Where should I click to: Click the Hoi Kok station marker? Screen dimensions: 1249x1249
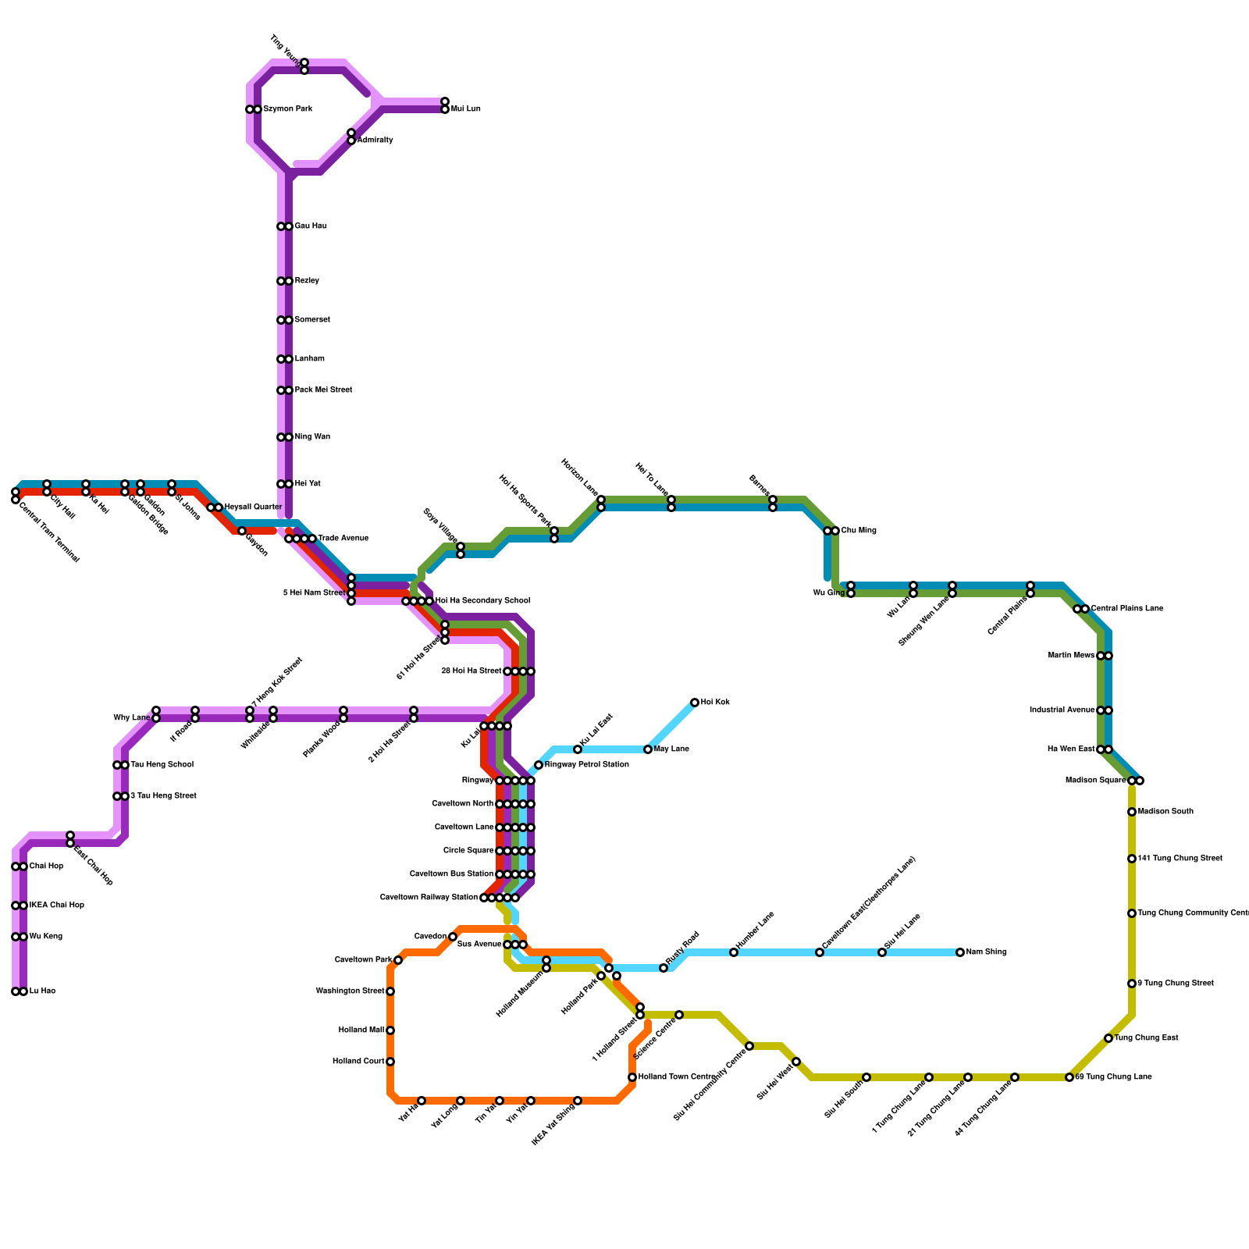tap(695, 703)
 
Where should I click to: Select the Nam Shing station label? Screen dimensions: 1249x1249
tap(986, 952)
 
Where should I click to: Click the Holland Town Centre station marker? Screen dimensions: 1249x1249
tap(632, 1077)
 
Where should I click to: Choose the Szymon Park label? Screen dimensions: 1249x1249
tap(287, 109)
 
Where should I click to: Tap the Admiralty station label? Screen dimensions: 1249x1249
tap(375, 141)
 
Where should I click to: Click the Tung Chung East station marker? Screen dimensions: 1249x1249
tap(1108, 1038)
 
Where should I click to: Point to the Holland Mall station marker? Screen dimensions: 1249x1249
tap(390, 1030)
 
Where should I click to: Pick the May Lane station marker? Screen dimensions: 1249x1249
tap(648, 749)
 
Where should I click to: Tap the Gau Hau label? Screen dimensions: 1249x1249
tap(310, 226)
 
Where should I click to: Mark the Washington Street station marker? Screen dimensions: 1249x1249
tap(390, 991)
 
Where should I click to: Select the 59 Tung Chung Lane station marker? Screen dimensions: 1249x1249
tap(1069, 1077)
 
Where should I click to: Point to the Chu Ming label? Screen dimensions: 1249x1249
tap(859, 531)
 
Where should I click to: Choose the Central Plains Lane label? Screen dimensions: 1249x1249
tap(1126, 609)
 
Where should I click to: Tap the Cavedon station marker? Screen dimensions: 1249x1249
tap(453, 937)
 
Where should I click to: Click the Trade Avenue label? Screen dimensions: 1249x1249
tap(343, 539)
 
